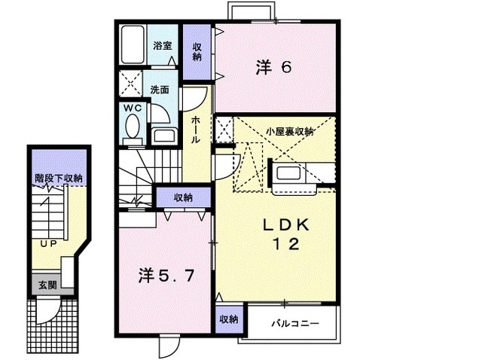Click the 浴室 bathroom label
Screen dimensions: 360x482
point(162,46)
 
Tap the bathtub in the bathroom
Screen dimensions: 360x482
point(133,47)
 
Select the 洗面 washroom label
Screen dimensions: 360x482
point(160,90)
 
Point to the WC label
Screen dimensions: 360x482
point(133,108)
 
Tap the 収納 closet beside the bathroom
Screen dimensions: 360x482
point(197,51)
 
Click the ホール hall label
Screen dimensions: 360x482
point(196,130)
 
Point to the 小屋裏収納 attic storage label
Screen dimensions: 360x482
point(289,131)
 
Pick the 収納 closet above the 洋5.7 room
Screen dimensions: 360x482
point(182,197)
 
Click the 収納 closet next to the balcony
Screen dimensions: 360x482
point(229,319)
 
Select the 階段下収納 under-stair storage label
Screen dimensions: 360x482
point(59,178)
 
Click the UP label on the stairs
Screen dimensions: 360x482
point(49,244)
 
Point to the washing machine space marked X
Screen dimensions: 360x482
point(130,83)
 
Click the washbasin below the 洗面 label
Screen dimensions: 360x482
point(163,136)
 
